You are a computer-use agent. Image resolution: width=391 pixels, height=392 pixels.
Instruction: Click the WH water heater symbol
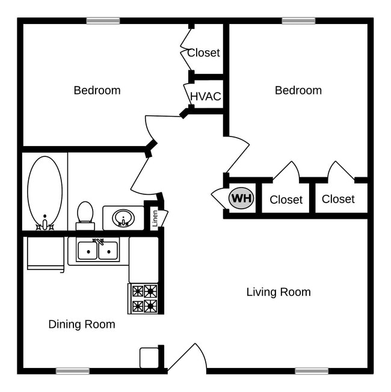[x=241, y=198]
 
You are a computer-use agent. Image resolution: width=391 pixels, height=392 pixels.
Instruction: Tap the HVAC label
[x=206, y=96]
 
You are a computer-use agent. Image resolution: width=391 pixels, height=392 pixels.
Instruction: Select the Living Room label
[x=279, y=292]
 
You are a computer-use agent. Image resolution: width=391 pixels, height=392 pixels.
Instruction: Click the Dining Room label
[x=82, y=324]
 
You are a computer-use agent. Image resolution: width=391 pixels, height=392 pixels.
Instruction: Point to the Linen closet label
[x=155, y=219]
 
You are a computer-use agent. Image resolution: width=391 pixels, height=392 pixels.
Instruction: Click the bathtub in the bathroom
[x=45, y=192]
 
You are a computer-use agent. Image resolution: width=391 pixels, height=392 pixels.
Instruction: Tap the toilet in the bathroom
[x=85, y=215]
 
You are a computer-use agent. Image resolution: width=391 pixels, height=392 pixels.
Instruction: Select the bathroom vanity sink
[x=123, y=218]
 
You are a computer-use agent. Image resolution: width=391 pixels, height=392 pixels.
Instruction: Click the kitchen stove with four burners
[x=144, y=298]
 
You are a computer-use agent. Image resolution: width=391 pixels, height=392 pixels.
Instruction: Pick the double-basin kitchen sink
[x=97, y=250]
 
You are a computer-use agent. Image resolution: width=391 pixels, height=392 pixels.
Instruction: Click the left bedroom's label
[x=97, y=90]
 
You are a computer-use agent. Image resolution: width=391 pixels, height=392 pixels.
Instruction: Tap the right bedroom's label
[x=298, y=90]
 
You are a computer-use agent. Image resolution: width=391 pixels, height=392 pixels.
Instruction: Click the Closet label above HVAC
[x=203, y=52]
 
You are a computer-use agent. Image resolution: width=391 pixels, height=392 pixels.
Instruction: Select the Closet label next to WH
[x=286, y=200]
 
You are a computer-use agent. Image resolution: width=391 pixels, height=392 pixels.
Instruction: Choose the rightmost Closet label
[x=338, y=199]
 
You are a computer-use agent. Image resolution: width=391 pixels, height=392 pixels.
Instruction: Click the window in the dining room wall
[x=73, y=371]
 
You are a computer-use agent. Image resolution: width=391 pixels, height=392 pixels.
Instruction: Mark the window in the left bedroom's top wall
[x=103, y=21]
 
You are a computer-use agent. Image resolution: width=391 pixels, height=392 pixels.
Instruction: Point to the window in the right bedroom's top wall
[x=298, y=21]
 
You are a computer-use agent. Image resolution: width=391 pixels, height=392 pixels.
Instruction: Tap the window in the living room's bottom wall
[x=312, y=371]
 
